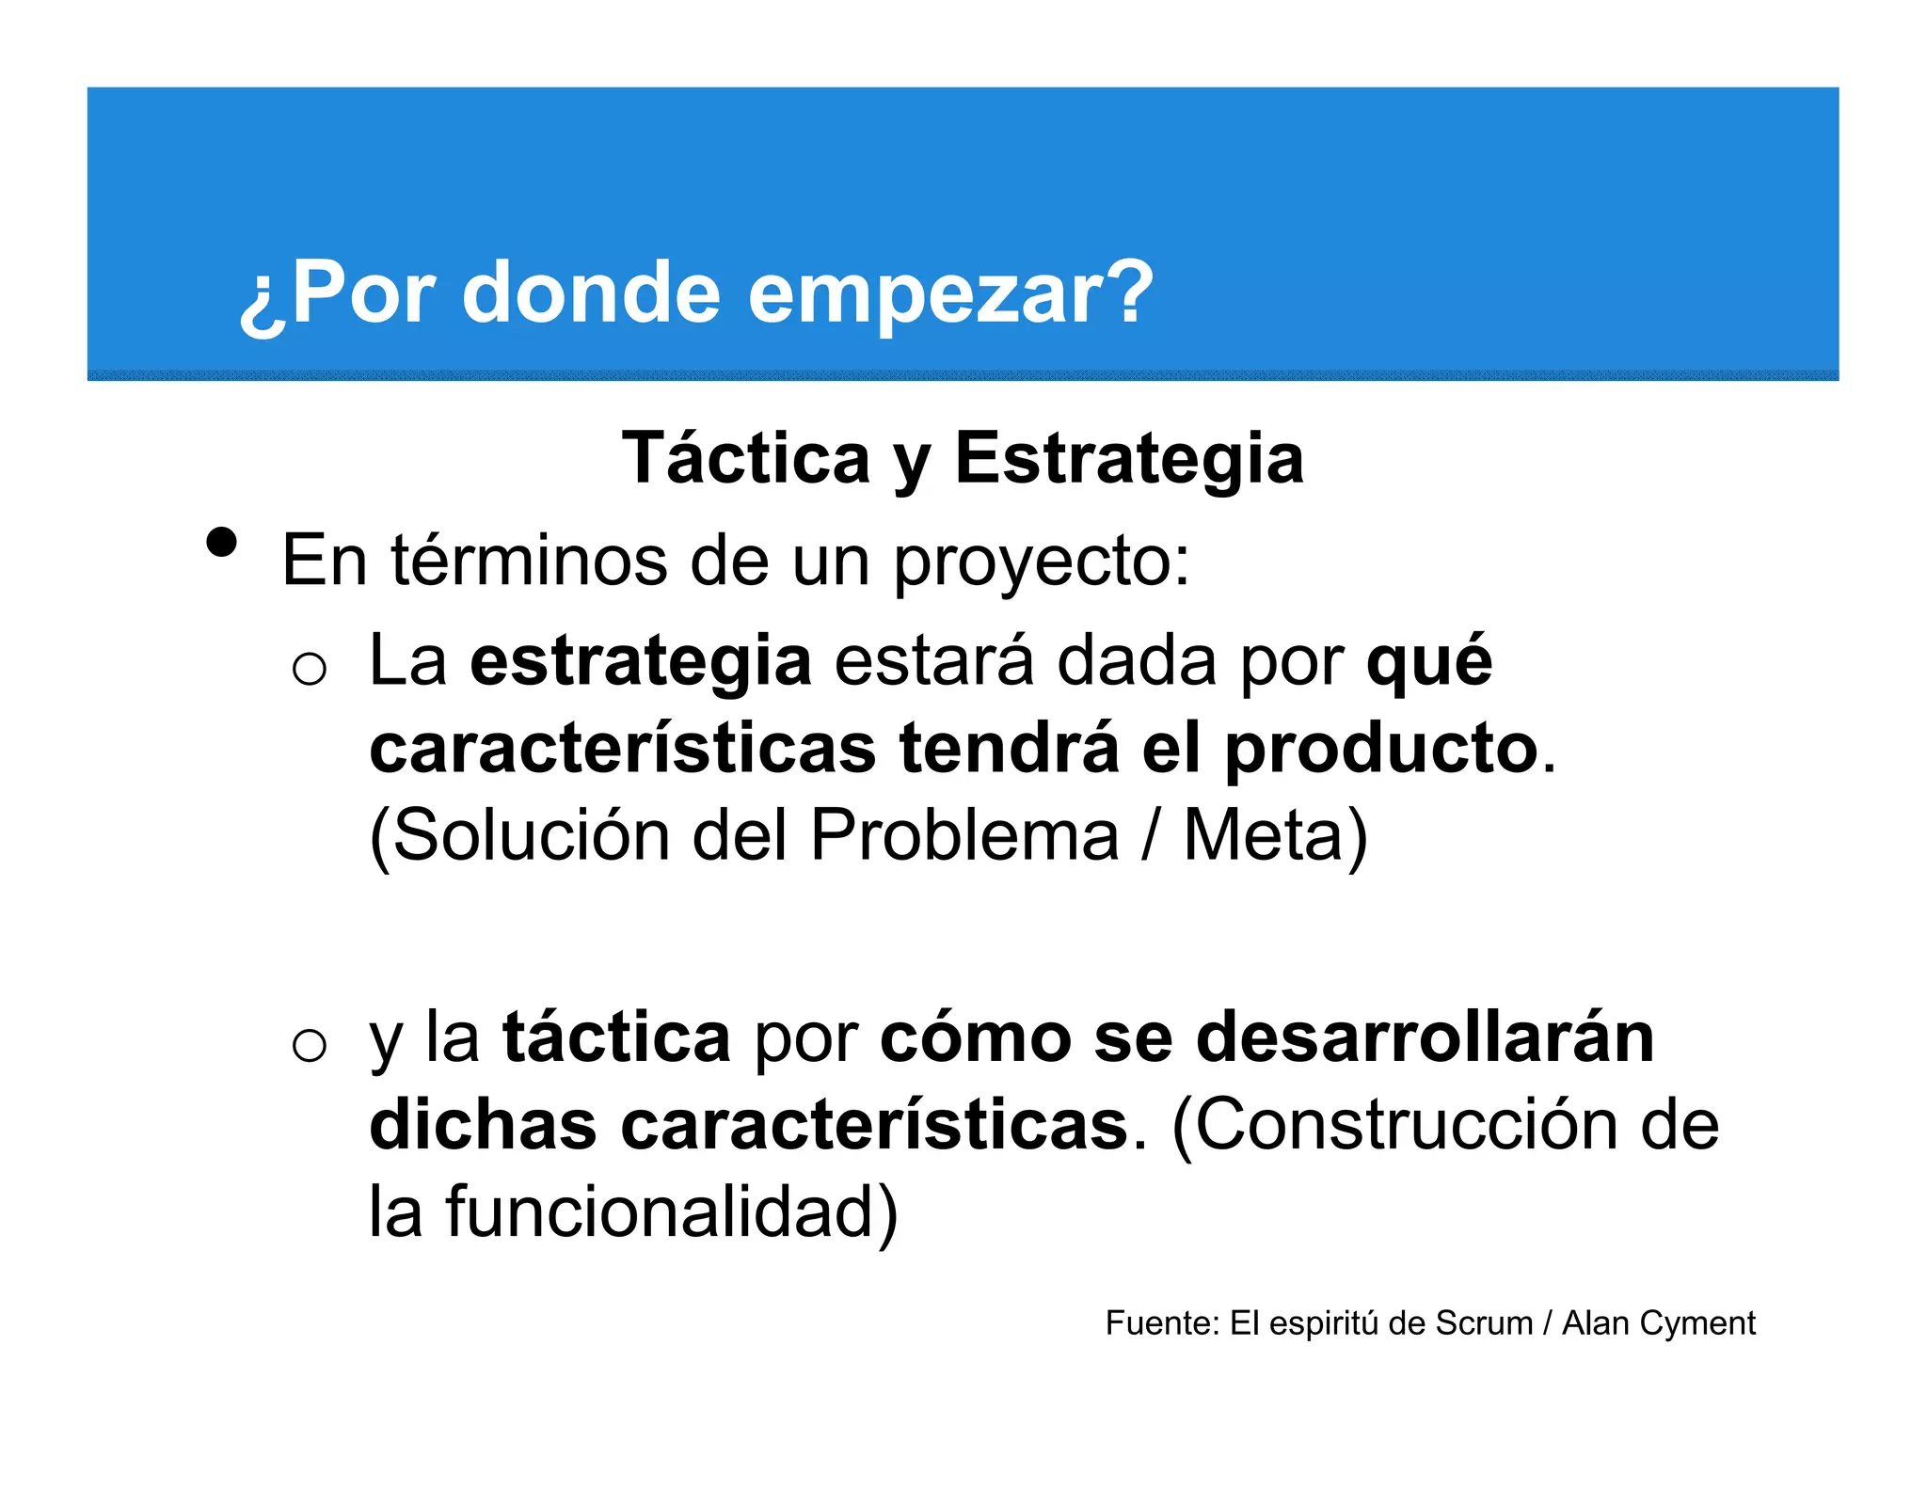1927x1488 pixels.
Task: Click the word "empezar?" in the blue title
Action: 950,293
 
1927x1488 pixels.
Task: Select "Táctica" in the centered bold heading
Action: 746,458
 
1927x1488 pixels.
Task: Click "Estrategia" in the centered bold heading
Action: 1129,458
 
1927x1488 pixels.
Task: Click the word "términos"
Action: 529,561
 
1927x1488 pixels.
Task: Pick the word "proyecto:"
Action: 1041,562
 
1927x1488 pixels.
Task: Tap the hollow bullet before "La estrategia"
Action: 309,669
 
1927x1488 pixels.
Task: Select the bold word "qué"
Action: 1428,662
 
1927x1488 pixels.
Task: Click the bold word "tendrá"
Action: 1009,749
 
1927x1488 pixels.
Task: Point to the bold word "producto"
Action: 1381,751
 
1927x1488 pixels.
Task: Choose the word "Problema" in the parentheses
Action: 964,835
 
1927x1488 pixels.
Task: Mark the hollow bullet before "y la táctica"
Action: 309,1045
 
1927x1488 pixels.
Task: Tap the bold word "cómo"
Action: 975,1037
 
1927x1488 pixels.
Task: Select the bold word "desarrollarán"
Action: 1425,1037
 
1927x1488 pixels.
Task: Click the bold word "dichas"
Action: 483,1125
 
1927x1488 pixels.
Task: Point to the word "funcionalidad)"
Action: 672,1211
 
